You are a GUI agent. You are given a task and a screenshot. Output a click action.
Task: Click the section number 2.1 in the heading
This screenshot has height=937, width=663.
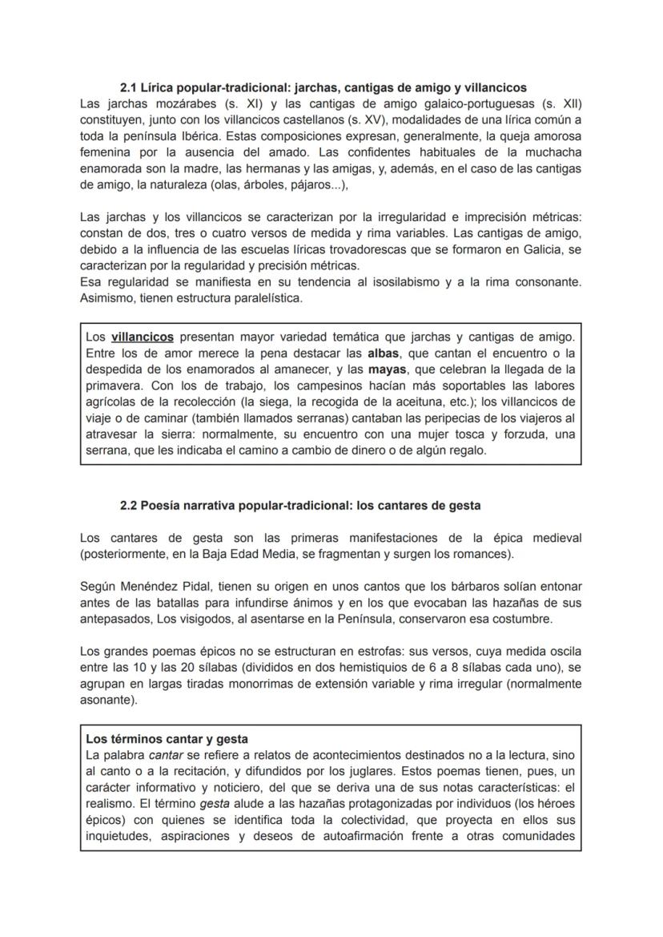(128, 87)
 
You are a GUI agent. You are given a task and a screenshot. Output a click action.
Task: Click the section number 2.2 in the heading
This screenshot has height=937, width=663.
(128, 506)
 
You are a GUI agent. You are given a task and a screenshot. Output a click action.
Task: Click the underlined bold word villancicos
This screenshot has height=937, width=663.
(143, 337)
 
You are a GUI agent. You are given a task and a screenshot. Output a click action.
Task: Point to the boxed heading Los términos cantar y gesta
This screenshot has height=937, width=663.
(167, 739)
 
